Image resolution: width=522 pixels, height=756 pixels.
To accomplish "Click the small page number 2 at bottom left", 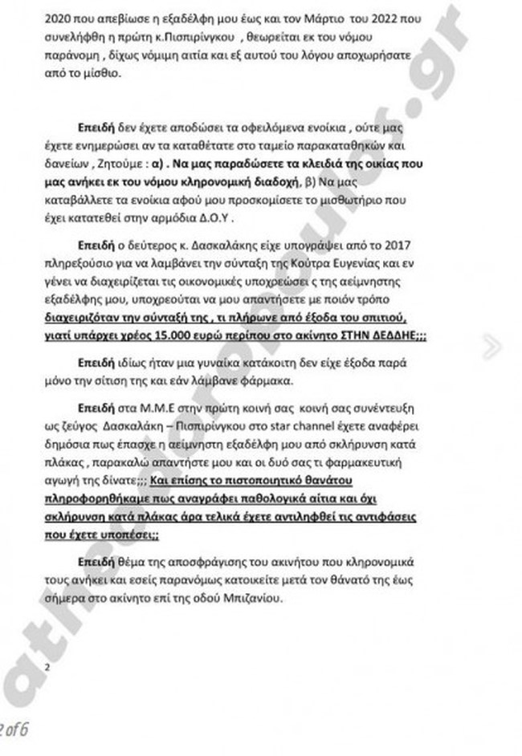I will [48, 667].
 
